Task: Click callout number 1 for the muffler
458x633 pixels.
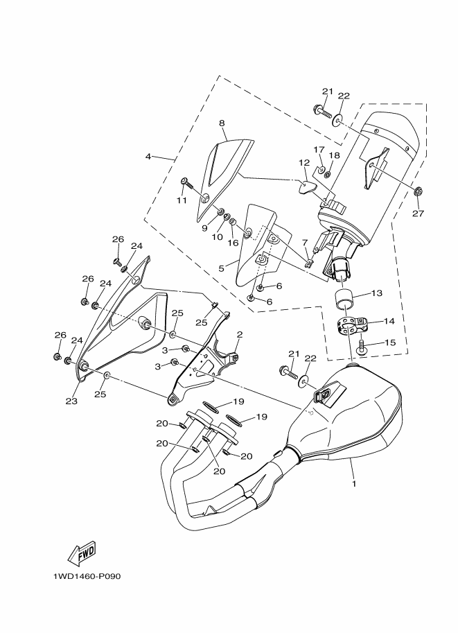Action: [353, 483]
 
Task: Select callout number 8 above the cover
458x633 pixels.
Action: [222, 123]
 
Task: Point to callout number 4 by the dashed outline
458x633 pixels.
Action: [148, 156]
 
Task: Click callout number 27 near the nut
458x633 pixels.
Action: [417, 213]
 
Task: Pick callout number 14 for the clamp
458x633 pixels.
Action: [388, 322]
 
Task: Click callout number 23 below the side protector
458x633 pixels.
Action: [71, 400]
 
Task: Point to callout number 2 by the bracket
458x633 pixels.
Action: [240, 333]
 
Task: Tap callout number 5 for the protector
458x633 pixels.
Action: [221, 266]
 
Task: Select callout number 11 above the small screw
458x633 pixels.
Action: [182, 200]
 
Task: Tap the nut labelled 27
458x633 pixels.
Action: [418, 191]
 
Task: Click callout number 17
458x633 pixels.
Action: [319, 149]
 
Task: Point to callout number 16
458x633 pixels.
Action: [233, 243]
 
